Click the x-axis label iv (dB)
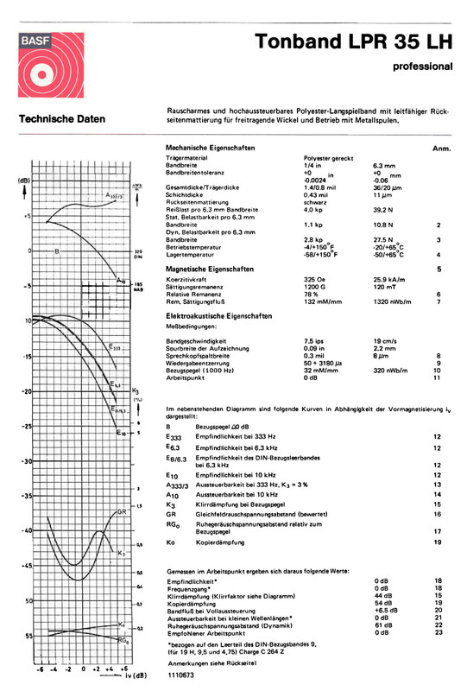click(x=129, y=676)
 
